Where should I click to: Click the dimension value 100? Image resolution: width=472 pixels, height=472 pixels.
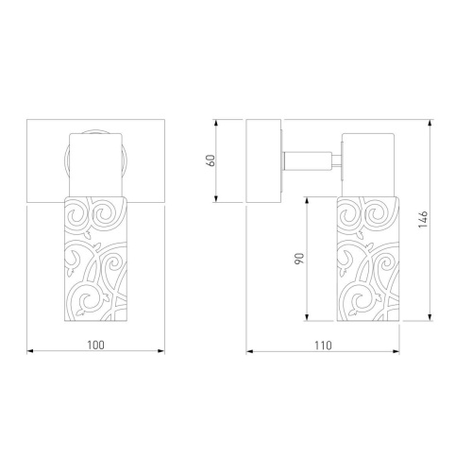point(95,346)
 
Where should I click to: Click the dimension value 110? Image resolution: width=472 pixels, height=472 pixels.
point(323,346)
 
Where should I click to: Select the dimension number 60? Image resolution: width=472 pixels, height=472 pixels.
point(211,160)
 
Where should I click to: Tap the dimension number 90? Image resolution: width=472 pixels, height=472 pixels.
point(300,259)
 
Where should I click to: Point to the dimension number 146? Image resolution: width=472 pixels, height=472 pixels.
point(423,220)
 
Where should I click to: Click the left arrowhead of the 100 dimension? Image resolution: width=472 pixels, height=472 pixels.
point(30,351)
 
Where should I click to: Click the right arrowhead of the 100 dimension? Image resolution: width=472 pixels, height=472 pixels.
point(161,351)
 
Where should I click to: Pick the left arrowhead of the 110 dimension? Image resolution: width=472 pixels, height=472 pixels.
point(250,351)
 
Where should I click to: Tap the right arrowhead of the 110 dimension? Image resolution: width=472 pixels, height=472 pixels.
point(396,351)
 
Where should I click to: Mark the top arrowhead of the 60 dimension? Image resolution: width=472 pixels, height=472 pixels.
point(216,123)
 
